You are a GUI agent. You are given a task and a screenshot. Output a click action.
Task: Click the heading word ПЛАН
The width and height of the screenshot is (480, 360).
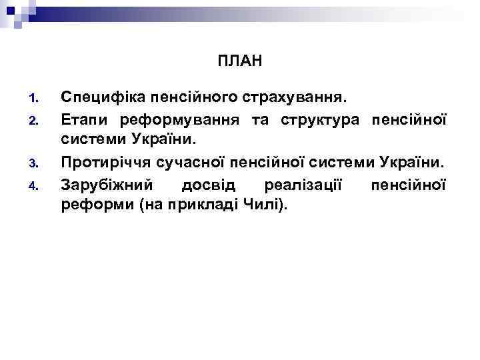(x=240, y=62)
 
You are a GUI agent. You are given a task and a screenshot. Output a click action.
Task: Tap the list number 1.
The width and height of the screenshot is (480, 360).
(x=37, y=99)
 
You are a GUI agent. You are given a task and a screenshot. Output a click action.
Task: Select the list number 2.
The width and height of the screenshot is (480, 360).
(x=37, y=121)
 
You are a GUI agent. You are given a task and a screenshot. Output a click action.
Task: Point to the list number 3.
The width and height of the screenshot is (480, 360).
(x=37, y=163)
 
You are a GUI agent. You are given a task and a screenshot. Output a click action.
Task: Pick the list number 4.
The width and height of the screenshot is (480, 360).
(x=37, y=184)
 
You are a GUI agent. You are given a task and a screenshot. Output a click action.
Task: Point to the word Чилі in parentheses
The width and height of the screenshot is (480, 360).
(x=267, y=204)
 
